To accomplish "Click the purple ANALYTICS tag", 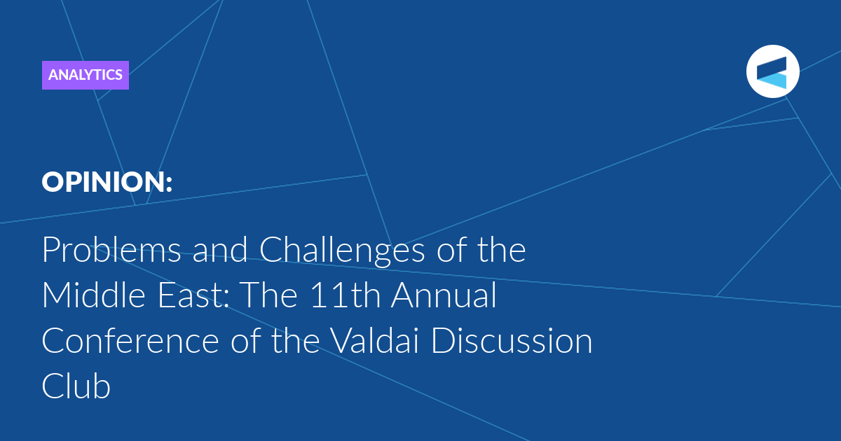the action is click(86, 75).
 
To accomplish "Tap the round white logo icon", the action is click(772, 71).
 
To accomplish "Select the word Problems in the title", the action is click(111, 250).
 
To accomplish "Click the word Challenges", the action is click(342, 252).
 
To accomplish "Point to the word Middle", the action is click(93, 295).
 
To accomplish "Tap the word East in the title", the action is click(191, 295).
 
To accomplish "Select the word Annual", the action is click(444, 295).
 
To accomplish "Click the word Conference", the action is click(130, 341).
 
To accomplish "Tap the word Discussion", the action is click(512, 340).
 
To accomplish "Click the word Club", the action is click(76, 386).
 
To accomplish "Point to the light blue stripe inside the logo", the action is click(774, 81).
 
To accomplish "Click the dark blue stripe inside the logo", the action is click(772, 67).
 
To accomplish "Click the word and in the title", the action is click(219, 250).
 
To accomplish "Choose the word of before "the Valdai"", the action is click(245, 340).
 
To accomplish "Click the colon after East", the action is click(226, 300).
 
